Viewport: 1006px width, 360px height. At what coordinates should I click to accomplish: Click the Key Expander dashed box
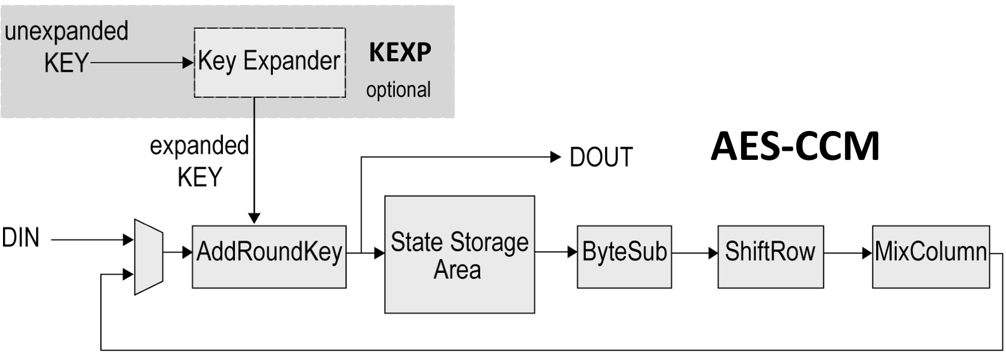coord(269,63)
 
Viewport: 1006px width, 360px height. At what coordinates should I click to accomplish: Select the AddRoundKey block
coord(269,257)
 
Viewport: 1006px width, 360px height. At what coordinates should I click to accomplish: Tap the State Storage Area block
coord(459,254)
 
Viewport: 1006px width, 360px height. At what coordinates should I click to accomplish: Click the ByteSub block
coord(624,257)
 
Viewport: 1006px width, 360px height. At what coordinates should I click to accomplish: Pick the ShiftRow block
coord(770,257)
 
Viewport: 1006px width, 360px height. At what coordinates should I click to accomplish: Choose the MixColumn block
coord(930,257)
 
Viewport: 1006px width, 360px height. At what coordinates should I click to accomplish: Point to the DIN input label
coord(21,239)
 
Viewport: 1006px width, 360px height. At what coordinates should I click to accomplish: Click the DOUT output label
coord(600,157)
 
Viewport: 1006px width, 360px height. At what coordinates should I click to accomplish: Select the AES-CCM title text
coord(794,146)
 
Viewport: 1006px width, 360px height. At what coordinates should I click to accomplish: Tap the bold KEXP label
coord(400,52)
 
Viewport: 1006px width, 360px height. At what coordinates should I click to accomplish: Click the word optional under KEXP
coord(398,90)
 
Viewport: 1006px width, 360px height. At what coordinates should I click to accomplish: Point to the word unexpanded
coord(66,31)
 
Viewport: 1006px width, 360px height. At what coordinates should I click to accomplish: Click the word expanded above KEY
coord(199,146)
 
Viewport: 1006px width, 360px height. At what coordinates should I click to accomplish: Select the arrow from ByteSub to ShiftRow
coord(695,253)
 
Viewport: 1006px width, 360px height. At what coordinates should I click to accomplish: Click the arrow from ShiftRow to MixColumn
coord(847,253)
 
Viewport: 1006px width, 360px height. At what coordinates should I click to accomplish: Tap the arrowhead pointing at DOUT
coord(555,157)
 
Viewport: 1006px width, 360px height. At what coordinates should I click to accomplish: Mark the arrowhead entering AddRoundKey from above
coord(254,218)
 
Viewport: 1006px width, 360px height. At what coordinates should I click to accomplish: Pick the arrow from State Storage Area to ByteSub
coord(556,252)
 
